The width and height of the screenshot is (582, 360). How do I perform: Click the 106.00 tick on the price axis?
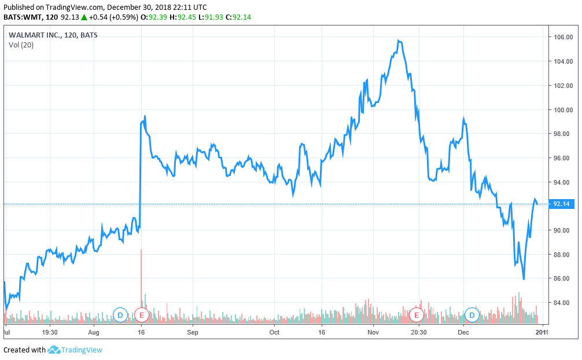[563, 37]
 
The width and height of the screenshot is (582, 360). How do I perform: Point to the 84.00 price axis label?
[563, 303]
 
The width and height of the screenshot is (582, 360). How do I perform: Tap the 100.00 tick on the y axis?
[563, 109]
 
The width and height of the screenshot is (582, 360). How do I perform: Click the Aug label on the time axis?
[94, 333]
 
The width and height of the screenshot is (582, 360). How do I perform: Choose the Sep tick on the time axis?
[193, 333]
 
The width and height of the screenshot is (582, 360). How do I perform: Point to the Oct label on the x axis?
[274, 333]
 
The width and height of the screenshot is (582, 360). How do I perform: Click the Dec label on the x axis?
[463, 333]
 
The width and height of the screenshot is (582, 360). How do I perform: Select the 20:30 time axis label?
[418, 333]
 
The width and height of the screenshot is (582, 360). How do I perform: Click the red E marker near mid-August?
[142, 315]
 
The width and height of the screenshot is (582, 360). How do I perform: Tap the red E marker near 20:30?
[416, 315]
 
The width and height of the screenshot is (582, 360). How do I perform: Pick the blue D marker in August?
[120, 315]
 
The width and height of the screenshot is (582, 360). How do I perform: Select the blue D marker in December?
[472, 315]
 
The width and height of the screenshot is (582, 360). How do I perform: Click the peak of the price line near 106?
[399, 41]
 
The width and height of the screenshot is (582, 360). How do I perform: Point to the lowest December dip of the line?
[524, 279]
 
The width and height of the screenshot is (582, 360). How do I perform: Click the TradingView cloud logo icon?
[54, 350]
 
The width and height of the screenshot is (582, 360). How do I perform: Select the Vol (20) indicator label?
[21, 45]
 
